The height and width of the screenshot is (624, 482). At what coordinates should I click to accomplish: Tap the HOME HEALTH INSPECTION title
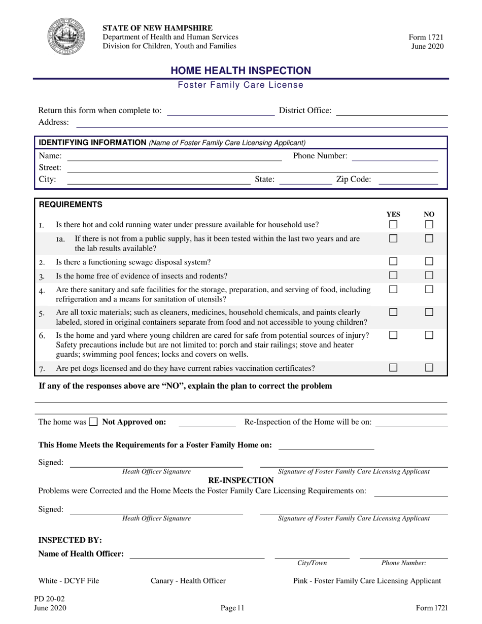pos(240,71)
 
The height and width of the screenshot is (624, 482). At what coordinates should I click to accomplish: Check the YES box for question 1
pos(393,224)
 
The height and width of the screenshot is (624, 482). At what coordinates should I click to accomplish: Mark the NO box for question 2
pos(429,262)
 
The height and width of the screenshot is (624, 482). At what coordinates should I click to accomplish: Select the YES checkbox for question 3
pos(393,275)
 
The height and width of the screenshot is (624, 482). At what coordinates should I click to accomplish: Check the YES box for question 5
pos(393,313)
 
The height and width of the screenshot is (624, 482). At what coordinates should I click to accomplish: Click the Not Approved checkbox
pos(93,422)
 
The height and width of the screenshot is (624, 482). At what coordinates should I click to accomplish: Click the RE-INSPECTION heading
pos(241,480)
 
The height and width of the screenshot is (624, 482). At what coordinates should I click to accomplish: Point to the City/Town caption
pos(312,563)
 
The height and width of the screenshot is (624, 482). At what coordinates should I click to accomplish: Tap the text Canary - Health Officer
pos(188,581)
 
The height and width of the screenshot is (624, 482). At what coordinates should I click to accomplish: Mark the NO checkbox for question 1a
pos(429,238)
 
